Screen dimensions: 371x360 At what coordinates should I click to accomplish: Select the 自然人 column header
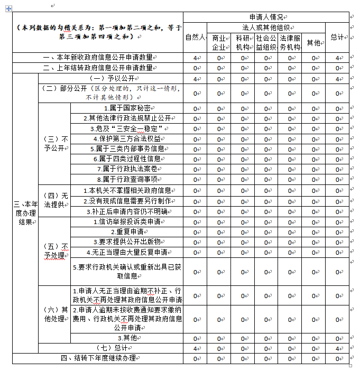coord(195,38)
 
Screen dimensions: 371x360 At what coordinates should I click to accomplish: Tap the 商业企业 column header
coord(219,42)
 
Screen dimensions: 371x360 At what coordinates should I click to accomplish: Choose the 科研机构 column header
coord(243,42)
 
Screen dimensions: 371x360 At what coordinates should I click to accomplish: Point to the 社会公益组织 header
coord(266,42)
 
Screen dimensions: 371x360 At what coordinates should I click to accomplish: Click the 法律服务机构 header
coord(290,42)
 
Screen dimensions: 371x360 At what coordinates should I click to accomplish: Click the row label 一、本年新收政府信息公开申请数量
coord(98,58)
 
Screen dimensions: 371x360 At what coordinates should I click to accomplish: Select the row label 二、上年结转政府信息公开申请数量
coord(98,68)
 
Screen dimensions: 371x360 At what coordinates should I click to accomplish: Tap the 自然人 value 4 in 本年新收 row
coord(195,58)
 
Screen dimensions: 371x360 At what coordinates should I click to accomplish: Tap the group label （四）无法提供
coord(55,201)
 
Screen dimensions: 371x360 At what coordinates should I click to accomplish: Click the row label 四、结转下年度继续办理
coord(98,358)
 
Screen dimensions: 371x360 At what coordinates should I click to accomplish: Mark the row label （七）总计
coord(110,348)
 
